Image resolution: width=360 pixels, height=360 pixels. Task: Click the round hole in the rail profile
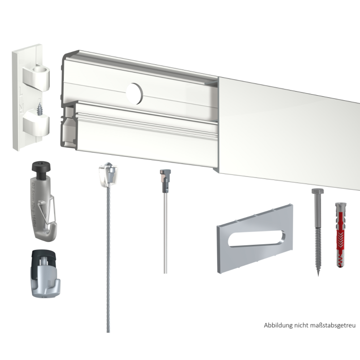135,94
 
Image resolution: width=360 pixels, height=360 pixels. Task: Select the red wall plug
341,235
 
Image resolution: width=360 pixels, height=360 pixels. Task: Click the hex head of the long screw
318,191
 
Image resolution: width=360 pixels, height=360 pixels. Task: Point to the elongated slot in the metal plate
257,239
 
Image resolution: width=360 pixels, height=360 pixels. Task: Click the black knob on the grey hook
41,169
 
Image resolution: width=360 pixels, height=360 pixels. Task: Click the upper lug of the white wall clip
37,78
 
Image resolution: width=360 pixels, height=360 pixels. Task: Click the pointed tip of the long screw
318,276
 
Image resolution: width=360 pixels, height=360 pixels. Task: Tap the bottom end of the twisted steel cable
109,332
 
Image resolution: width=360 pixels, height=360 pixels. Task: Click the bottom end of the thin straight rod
165,273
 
